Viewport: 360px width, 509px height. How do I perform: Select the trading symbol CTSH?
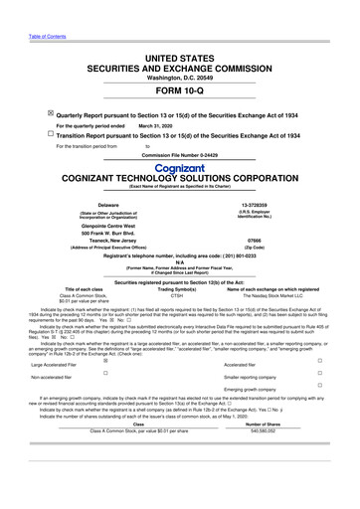(x=178, y=295)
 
